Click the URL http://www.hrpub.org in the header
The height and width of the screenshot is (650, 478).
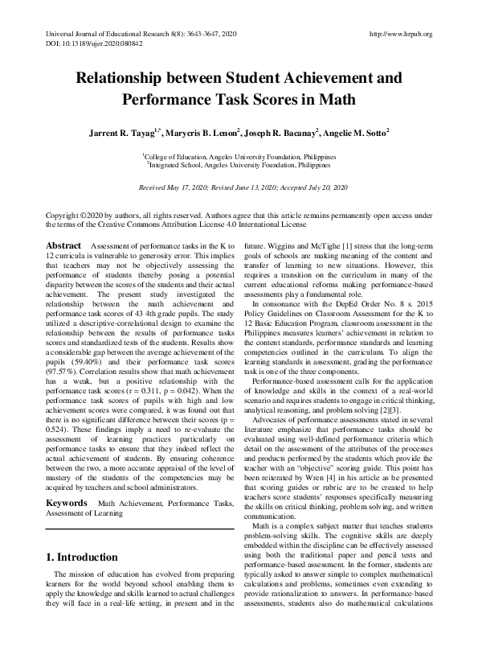399,35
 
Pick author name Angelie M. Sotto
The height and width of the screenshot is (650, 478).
353,131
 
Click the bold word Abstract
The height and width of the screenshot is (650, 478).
63,244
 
